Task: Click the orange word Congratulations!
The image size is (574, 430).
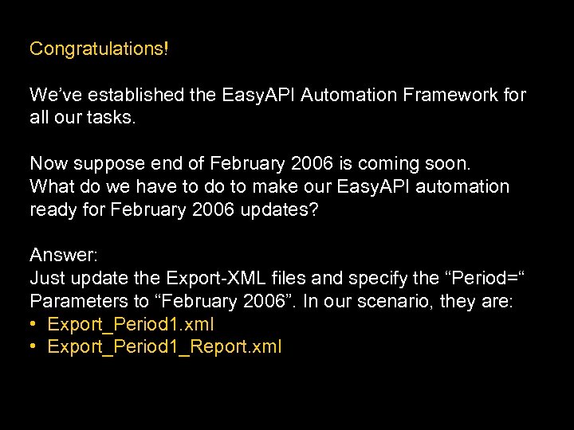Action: tap(99, 49)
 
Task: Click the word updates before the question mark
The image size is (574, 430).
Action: tap(283, 209)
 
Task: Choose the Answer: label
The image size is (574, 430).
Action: tap(64, 255)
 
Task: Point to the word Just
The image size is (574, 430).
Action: tap(48, 278)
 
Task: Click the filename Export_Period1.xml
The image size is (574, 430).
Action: tap(131, 324)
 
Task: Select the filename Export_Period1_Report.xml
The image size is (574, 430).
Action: tap(165, 347)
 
